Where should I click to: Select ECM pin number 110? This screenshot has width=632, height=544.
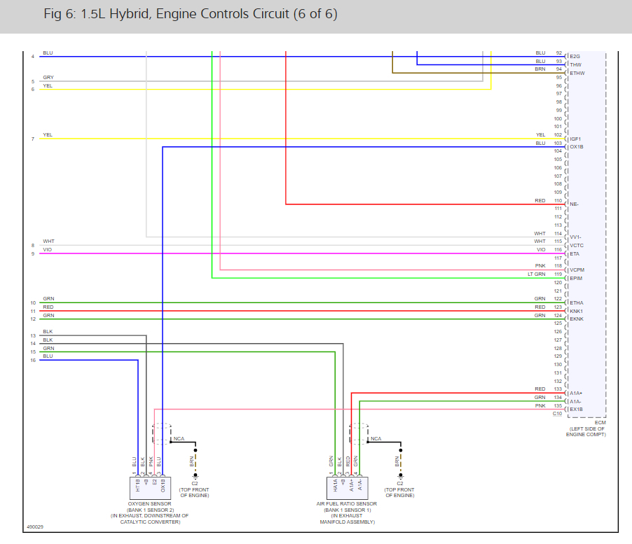click(x=558, y=201)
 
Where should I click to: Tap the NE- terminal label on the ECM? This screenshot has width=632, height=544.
click(x=574, y=204)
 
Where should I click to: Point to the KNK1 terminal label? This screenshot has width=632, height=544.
click(x=577, y=311)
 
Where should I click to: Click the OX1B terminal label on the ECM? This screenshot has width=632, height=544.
click(x=577, y=146)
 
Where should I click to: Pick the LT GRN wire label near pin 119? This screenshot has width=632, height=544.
click(x=536, y=274)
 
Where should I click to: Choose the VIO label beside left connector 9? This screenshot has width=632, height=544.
click(x=48, y=250)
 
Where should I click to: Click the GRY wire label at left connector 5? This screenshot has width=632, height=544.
click(x=48, y=77)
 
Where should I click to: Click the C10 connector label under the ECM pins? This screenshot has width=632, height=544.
click(x=557, y=414)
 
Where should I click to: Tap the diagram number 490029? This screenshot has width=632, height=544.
click(x=34, y=526)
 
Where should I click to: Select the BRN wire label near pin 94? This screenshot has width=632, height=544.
click(x=540, y=69)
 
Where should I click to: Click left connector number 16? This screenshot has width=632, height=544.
click(x=33, y=361)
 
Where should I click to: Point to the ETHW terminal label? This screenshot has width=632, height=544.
click(x=577, y=73)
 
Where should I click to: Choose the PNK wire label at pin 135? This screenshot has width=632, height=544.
click(x=540, y=405)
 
